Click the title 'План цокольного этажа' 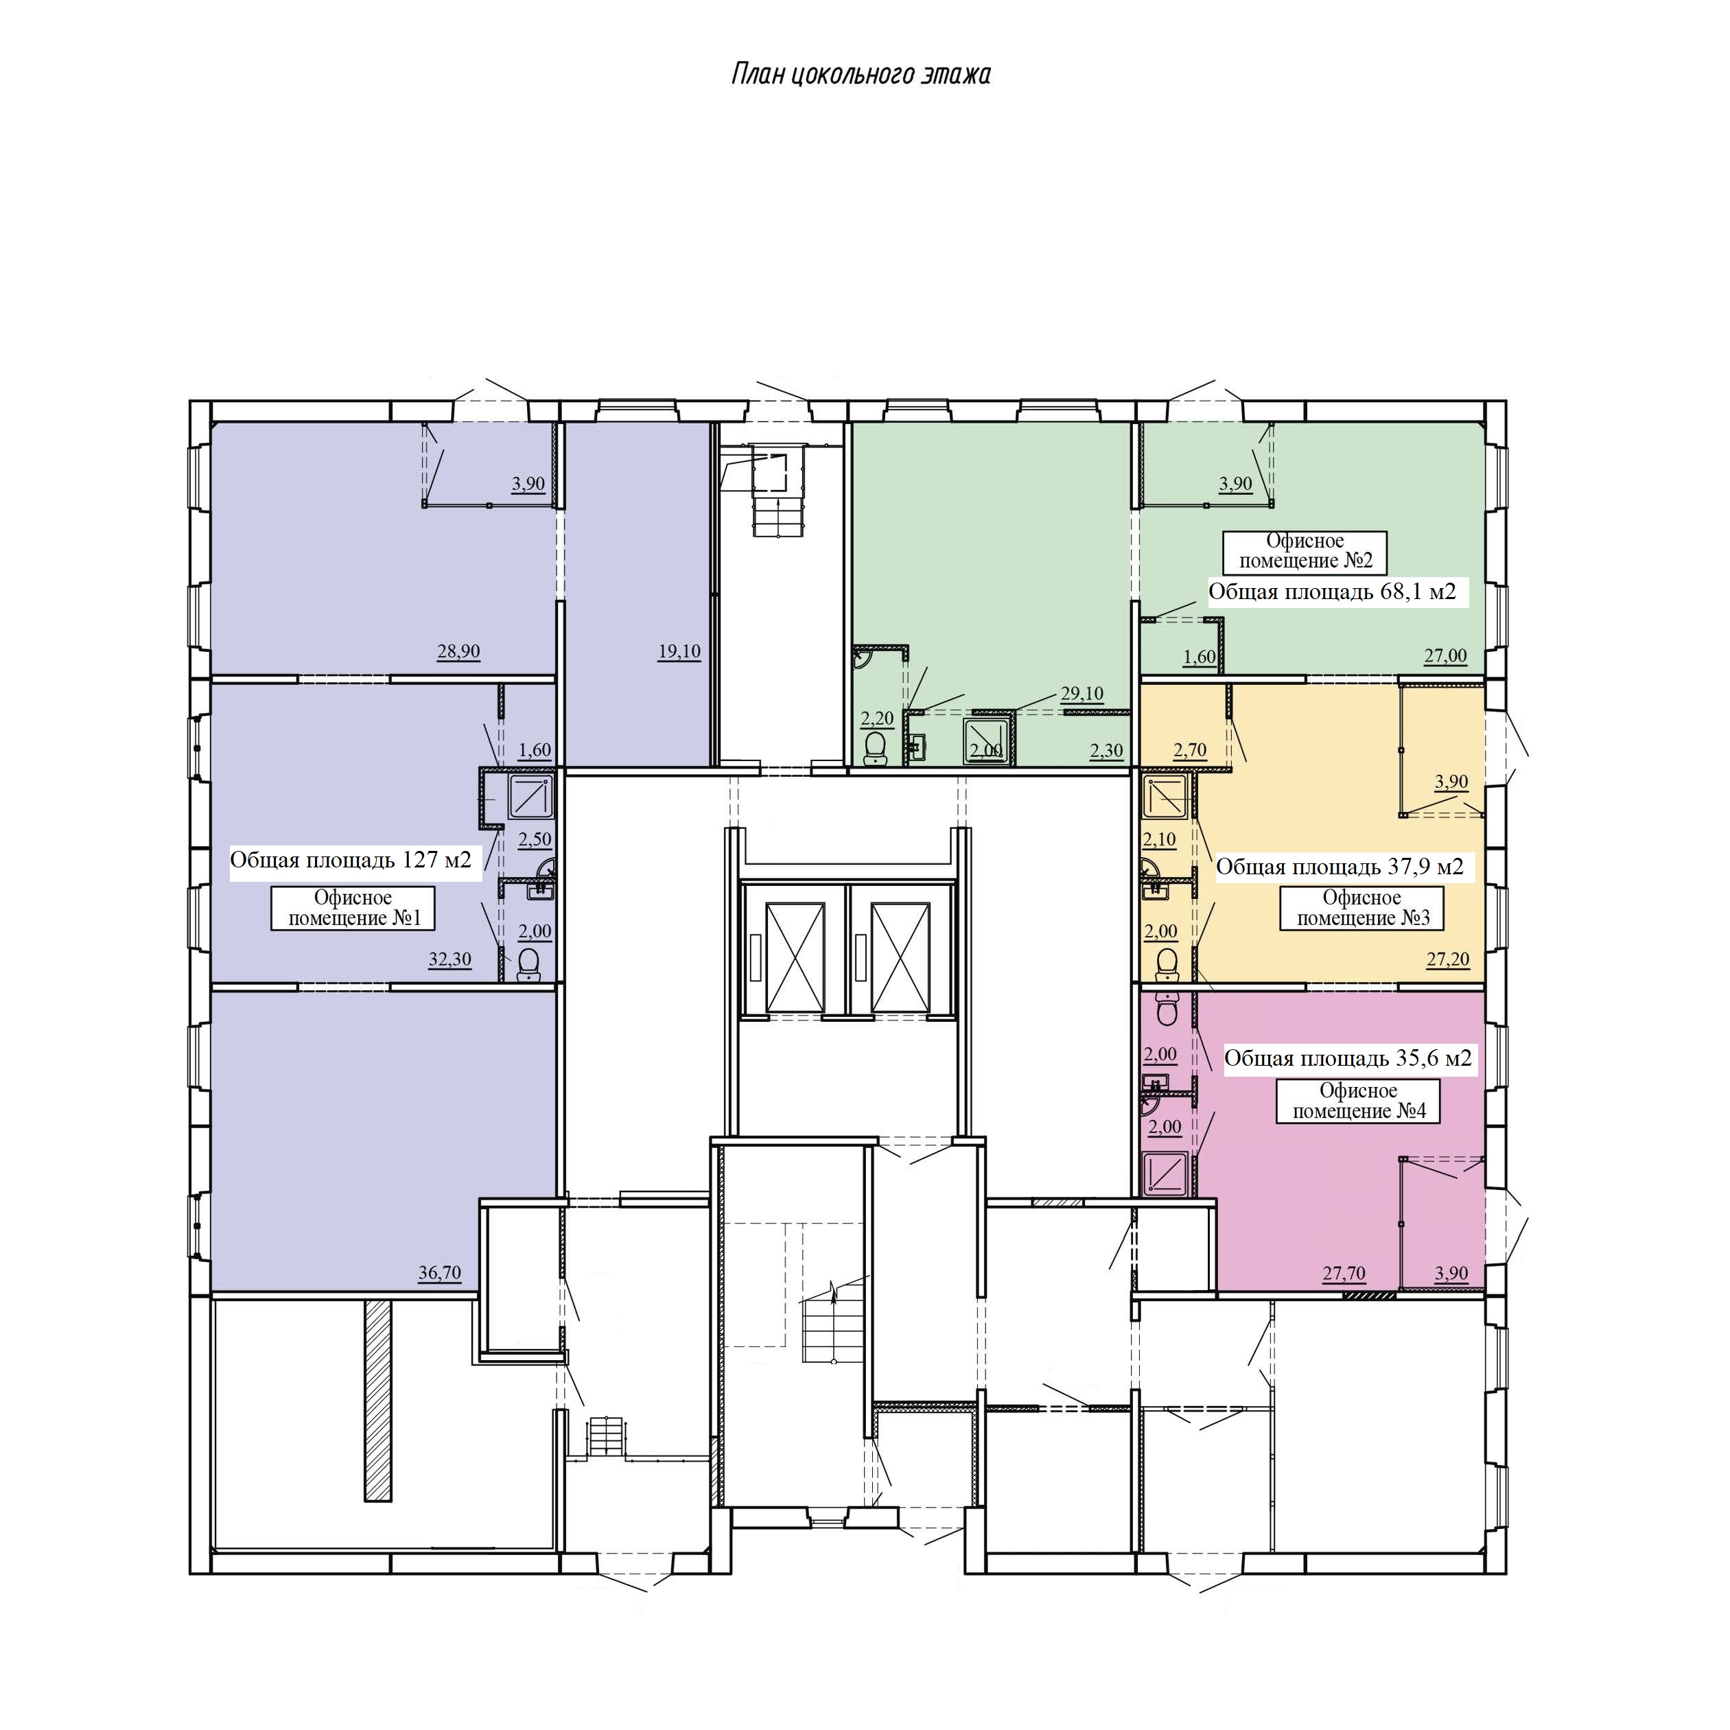[x=861, y=74]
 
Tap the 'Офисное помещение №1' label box [x=353, y=908]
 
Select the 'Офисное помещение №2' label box [x=1305, y=552]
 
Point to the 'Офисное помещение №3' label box [x=1362, y=908]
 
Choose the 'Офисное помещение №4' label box [x=1358, y=1101]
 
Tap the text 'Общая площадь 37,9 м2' [x=1340, y=867]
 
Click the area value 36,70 [x=440, y=1272]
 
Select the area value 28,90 [x=458, y=651]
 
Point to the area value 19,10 [x=679, y=651]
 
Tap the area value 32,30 [x=449, y=959]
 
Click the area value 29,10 [x=1082, y=693]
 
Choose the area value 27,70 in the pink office [x=1344, y=1272]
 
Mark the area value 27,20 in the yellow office [x=1448, y=959]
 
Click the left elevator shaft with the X [x=795, y=957]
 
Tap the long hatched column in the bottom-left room [x=378, y=1401]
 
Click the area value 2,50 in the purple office [x=535, y=839]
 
